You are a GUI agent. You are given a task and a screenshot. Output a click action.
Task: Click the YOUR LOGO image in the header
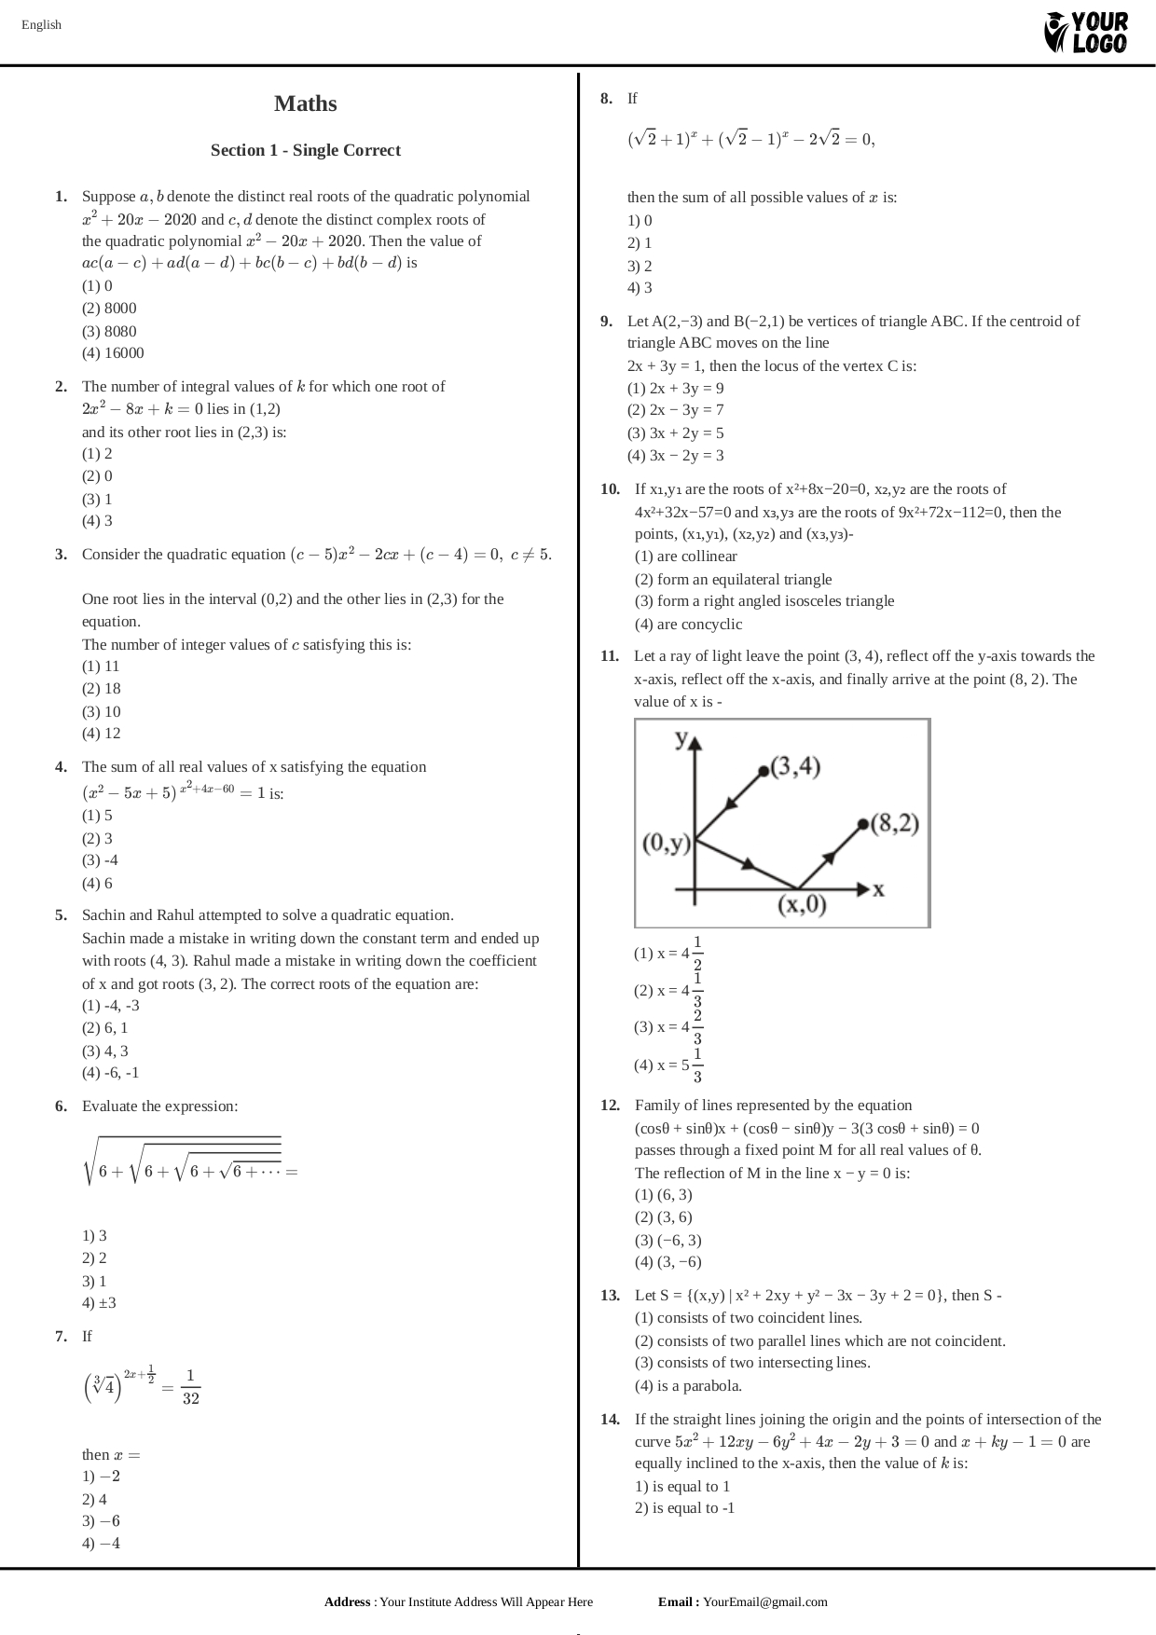click(x=1086, y=33)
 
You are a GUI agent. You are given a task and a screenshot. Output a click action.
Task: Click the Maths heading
click(x=305, y=103)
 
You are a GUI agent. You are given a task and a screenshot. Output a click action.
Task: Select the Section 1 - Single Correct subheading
click(x=305, y=150)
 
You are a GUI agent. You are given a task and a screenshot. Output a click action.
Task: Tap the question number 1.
click(x=61, y=197)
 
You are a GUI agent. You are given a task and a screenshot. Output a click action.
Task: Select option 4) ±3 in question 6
click(x=99, y=1303)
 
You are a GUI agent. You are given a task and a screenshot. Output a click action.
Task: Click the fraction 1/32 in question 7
click(x=190, y=1387)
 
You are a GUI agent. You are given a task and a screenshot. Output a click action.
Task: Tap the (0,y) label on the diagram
click(x=667, y=844)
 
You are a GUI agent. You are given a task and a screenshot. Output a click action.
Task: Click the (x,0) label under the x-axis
click(x=802, y=904)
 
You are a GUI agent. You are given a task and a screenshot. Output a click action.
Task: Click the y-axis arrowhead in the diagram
click(x=694, y=743)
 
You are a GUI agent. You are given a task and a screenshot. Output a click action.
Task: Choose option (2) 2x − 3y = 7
click(x=677, y=410)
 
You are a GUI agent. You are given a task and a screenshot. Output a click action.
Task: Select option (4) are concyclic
click(x=688, y=625)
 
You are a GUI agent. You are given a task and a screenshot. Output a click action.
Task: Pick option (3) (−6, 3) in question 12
click(x=667, y=1240)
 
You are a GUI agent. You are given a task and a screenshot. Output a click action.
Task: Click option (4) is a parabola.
click(x=688, y=1386)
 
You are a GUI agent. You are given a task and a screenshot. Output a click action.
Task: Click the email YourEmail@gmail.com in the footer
click(x=764, y=1602)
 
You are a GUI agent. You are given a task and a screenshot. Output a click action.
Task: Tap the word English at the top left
click(x=41, y=25)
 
